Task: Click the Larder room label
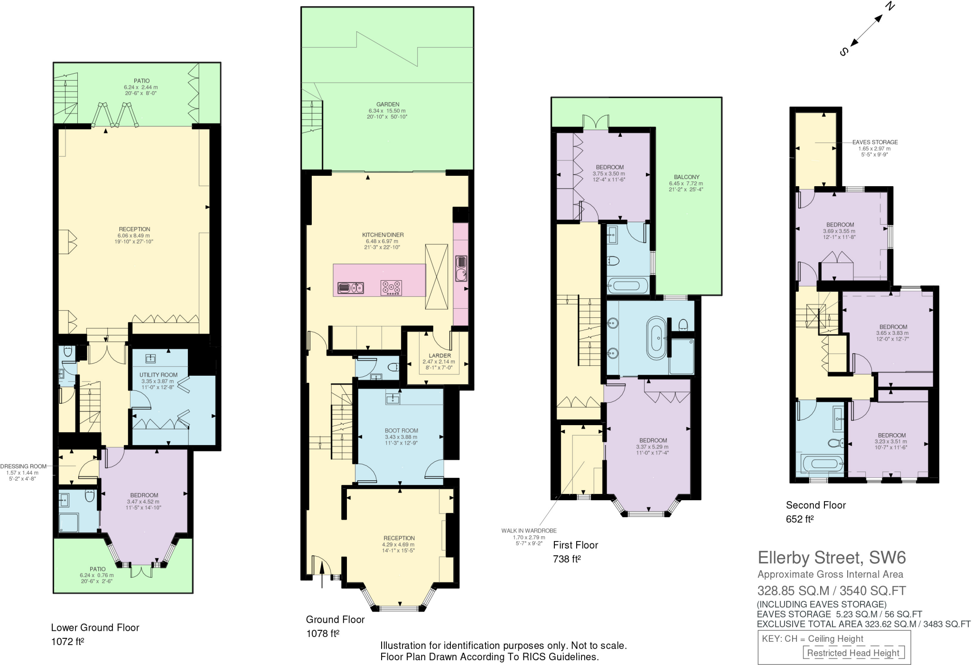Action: [x=439, y=355]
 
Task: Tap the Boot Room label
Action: [x=401, y=430]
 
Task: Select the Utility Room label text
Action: [x=159, y=375]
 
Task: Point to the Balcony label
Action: [x=686, y=177]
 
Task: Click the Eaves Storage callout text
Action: [x=875, y=142]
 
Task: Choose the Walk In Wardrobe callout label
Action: [x=529, y=531]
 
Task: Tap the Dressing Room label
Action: [x=23, y=466]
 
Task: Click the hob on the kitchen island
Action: [x=391, y=288]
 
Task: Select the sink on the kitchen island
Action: [x=350, y=288]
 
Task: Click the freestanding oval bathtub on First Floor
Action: [x=657, y=338]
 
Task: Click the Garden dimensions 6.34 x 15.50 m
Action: [x=388, y=111]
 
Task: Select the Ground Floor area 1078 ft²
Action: [x=323, y=633]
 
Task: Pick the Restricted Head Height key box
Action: [x=853, y=653]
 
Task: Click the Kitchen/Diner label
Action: [x=383, y=235]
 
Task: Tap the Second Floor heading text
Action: [x=815, y=505]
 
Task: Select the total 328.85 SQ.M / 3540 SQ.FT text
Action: [x=831, y=591]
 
